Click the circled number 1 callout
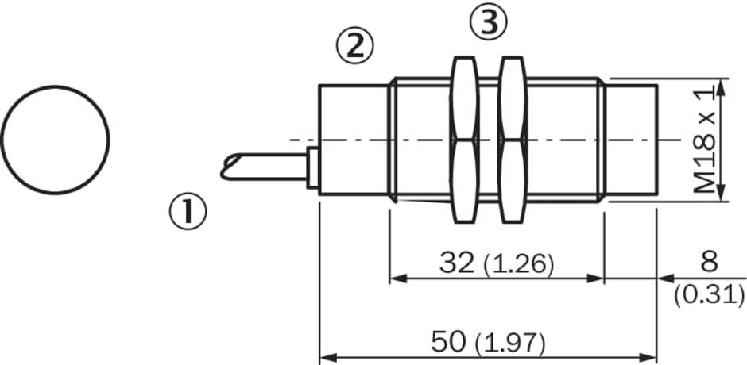pos(188,212)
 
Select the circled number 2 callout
pos(355,46)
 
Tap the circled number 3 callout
pos(489,22)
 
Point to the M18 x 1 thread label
pos(705,140)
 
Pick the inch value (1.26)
pos(519,264)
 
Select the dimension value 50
pos(448,341)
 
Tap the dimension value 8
pos(709,262)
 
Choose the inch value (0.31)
pos(710,296)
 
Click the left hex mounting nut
pos(464,140)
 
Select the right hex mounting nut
pos(513,140)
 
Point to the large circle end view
pos(56,86)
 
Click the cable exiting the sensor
pos(265,167)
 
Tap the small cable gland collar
pos(313,167)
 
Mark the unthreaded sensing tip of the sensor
pos(631,140)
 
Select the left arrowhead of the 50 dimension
pos(327,357)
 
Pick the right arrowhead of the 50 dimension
pos(648,357)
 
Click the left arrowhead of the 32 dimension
pos(398,278)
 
